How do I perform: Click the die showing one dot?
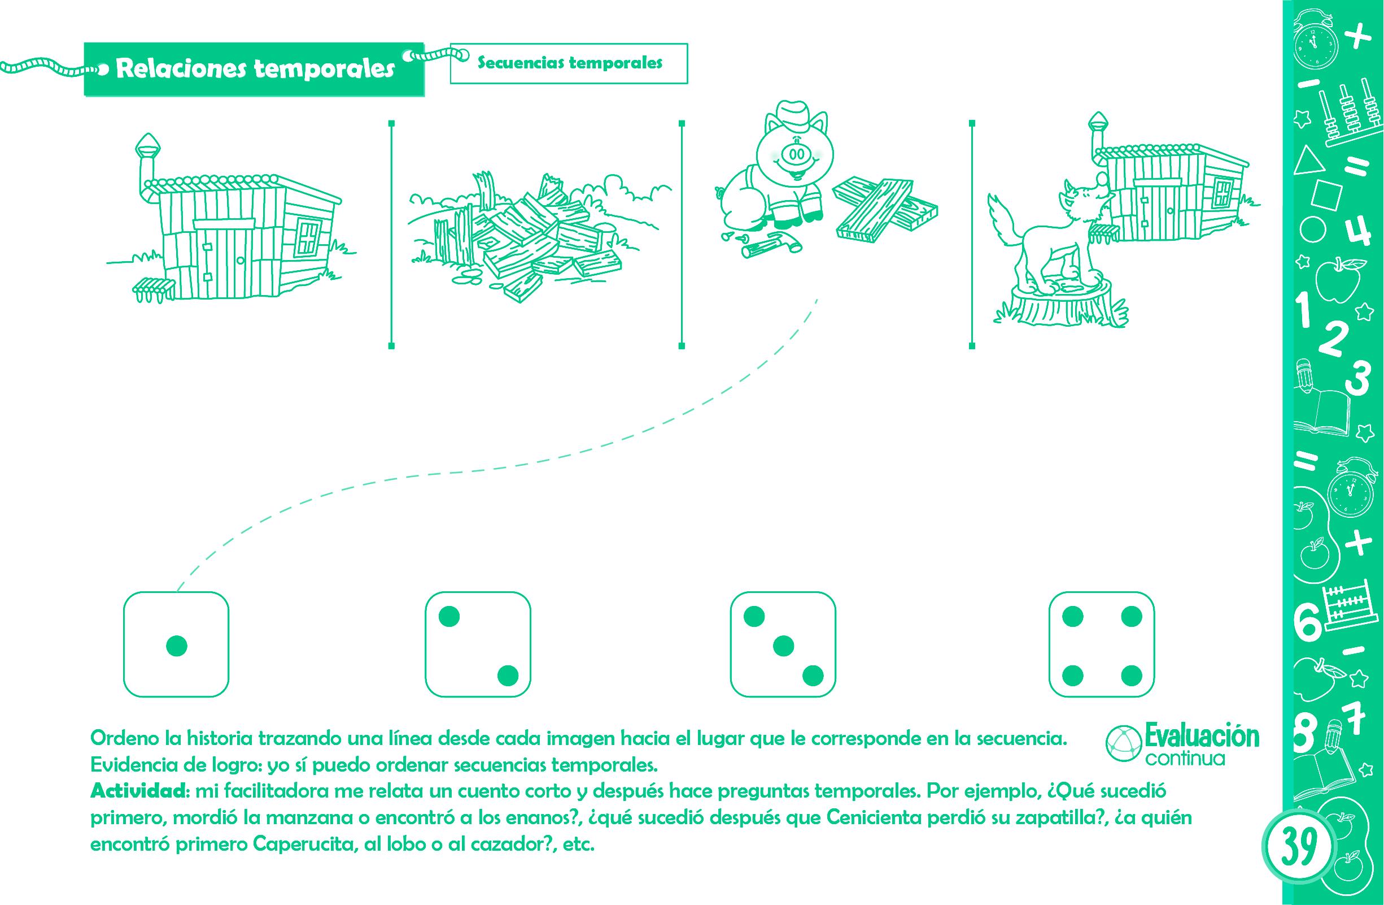176,644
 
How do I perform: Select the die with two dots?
478,644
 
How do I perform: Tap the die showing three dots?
783,644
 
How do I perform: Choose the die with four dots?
1102,644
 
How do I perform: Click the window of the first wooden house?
308,237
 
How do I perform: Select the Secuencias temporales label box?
569,63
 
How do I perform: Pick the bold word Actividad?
138,791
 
